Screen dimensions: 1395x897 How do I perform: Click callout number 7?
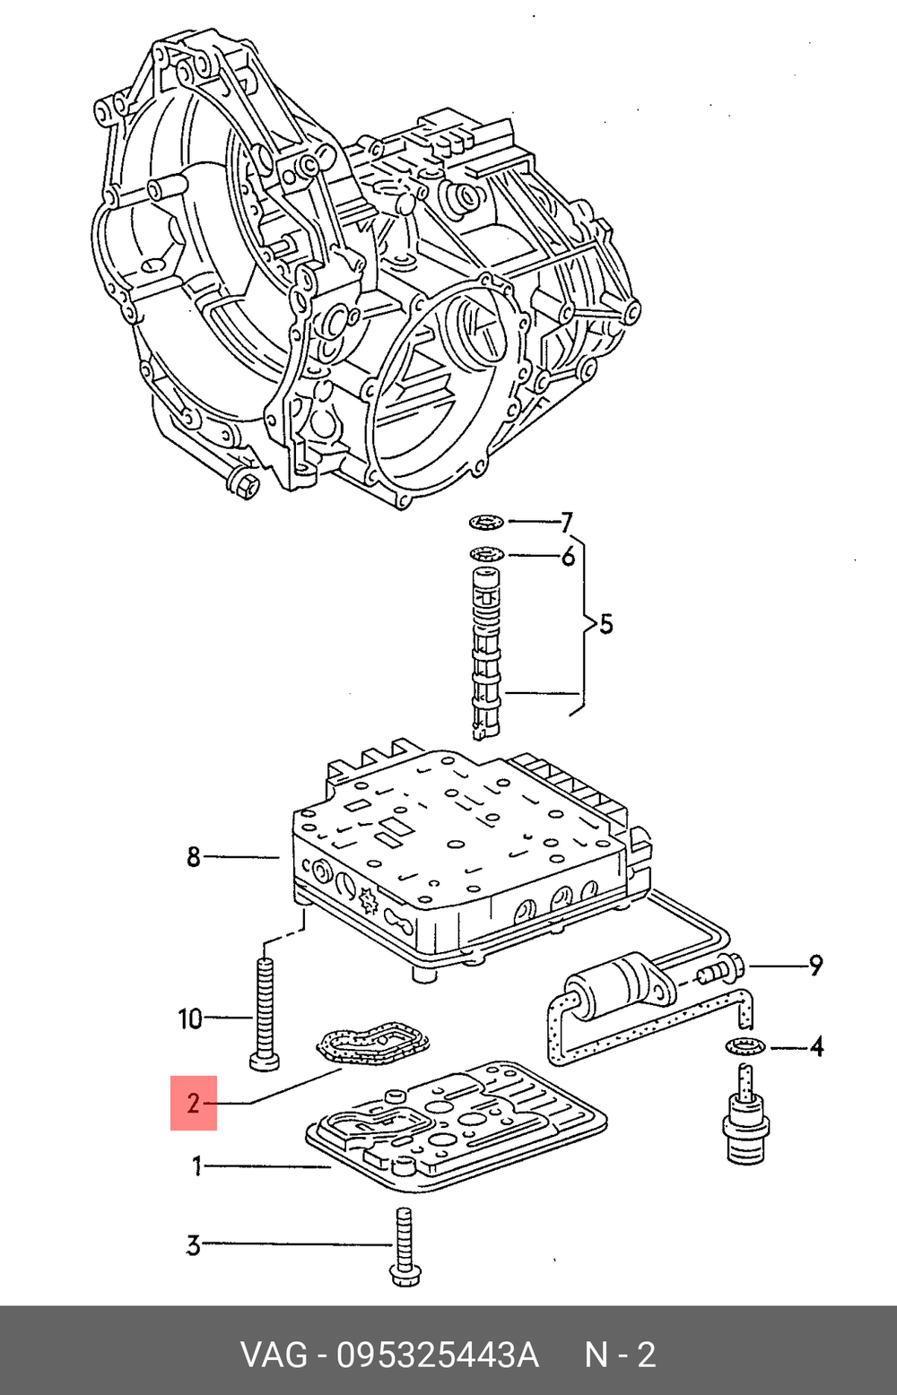click(x=566, y=522)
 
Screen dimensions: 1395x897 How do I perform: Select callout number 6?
click(x=568, y=557)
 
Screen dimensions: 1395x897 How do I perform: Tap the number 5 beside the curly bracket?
click(x=606, y=624)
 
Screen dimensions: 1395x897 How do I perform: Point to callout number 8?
click(x=194, y=857)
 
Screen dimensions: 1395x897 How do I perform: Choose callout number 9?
click(x=814, y=966)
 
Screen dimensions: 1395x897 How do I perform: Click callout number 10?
click(x=190, y=1018)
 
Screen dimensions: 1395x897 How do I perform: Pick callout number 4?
click(x=816, y=1046)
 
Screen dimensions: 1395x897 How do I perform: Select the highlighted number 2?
click(x=194, y=1103)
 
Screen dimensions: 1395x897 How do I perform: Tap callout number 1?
click(x=196, y=1166)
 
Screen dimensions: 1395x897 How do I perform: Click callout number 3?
click(x=194, y=1245)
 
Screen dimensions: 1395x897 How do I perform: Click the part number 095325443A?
click(x=437, y=1354)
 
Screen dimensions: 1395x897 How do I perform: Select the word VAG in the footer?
click(x=273, y=1354)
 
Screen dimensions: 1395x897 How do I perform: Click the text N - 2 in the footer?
click(x=620, y=1354)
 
